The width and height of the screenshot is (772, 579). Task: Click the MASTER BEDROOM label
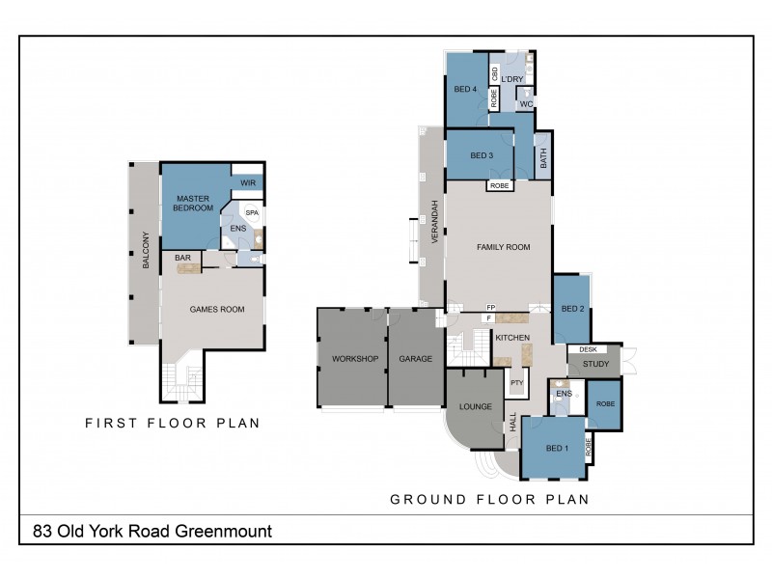click(x=193, y=203)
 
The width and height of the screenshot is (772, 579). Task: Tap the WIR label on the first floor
click(x=247, y=181)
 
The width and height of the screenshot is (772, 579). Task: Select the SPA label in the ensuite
click(x=252, y=212)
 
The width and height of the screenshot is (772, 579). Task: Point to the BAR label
click(x=181, y=258)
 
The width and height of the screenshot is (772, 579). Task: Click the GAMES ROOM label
click(x=216, y=310)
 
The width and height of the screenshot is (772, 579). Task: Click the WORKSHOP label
click(x=352, y=358)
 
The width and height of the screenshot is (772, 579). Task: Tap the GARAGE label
click(x=415, y=358)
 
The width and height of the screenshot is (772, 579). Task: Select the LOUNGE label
click(x=475, y=406)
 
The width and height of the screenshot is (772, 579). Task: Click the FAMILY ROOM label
click(x=504, y=247)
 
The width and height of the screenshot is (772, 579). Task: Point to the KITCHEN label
click(x=512, y=338)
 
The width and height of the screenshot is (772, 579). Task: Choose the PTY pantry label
click(x=516, y=383)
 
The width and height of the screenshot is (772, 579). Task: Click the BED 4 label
click(x=465, y=90)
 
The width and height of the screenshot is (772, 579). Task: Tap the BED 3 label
click(x=482, y=156)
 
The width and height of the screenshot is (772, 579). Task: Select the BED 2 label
click(x=572, y=309)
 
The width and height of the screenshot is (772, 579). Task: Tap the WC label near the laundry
click(x=526, y=103)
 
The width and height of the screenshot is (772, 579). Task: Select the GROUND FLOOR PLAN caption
click(x=488, y=500)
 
